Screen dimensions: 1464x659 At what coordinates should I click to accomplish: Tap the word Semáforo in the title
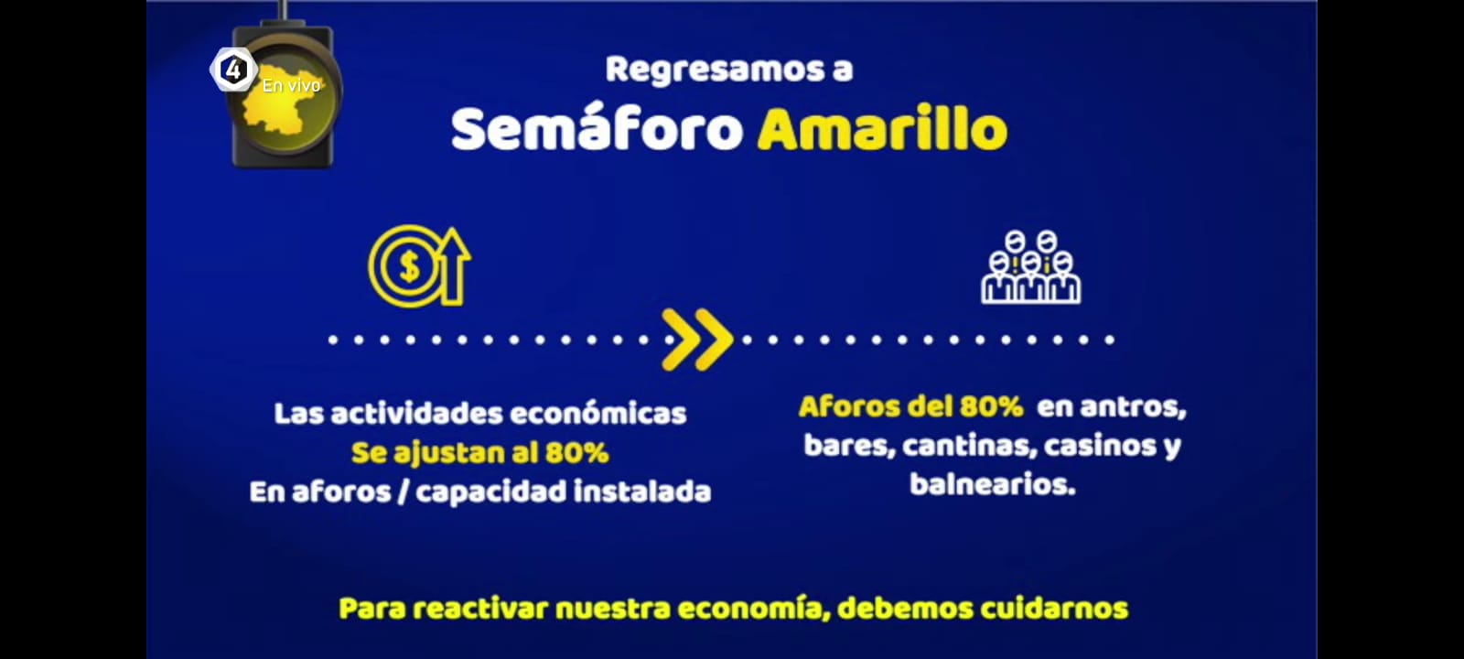tap(597, 129)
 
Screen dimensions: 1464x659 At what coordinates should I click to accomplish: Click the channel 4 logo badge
tap(232, 70)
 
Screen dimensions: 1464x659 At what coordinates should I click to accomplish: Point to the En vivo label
tap(292, 86)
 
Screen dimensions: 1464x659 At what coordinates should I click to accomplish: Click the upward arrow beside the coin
tap(456, 266)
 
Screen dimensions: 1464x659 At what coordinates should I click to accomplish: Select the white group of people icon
tap(1030, 266)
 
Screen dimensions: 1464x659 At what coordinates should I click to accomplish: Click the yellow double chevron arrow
tap(697, 340)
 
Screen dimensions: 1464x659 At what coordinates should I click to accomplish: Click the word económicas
tap(598, 414)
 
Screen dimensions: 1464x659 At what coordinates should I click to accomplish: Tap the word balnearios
tap(992, 484)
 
